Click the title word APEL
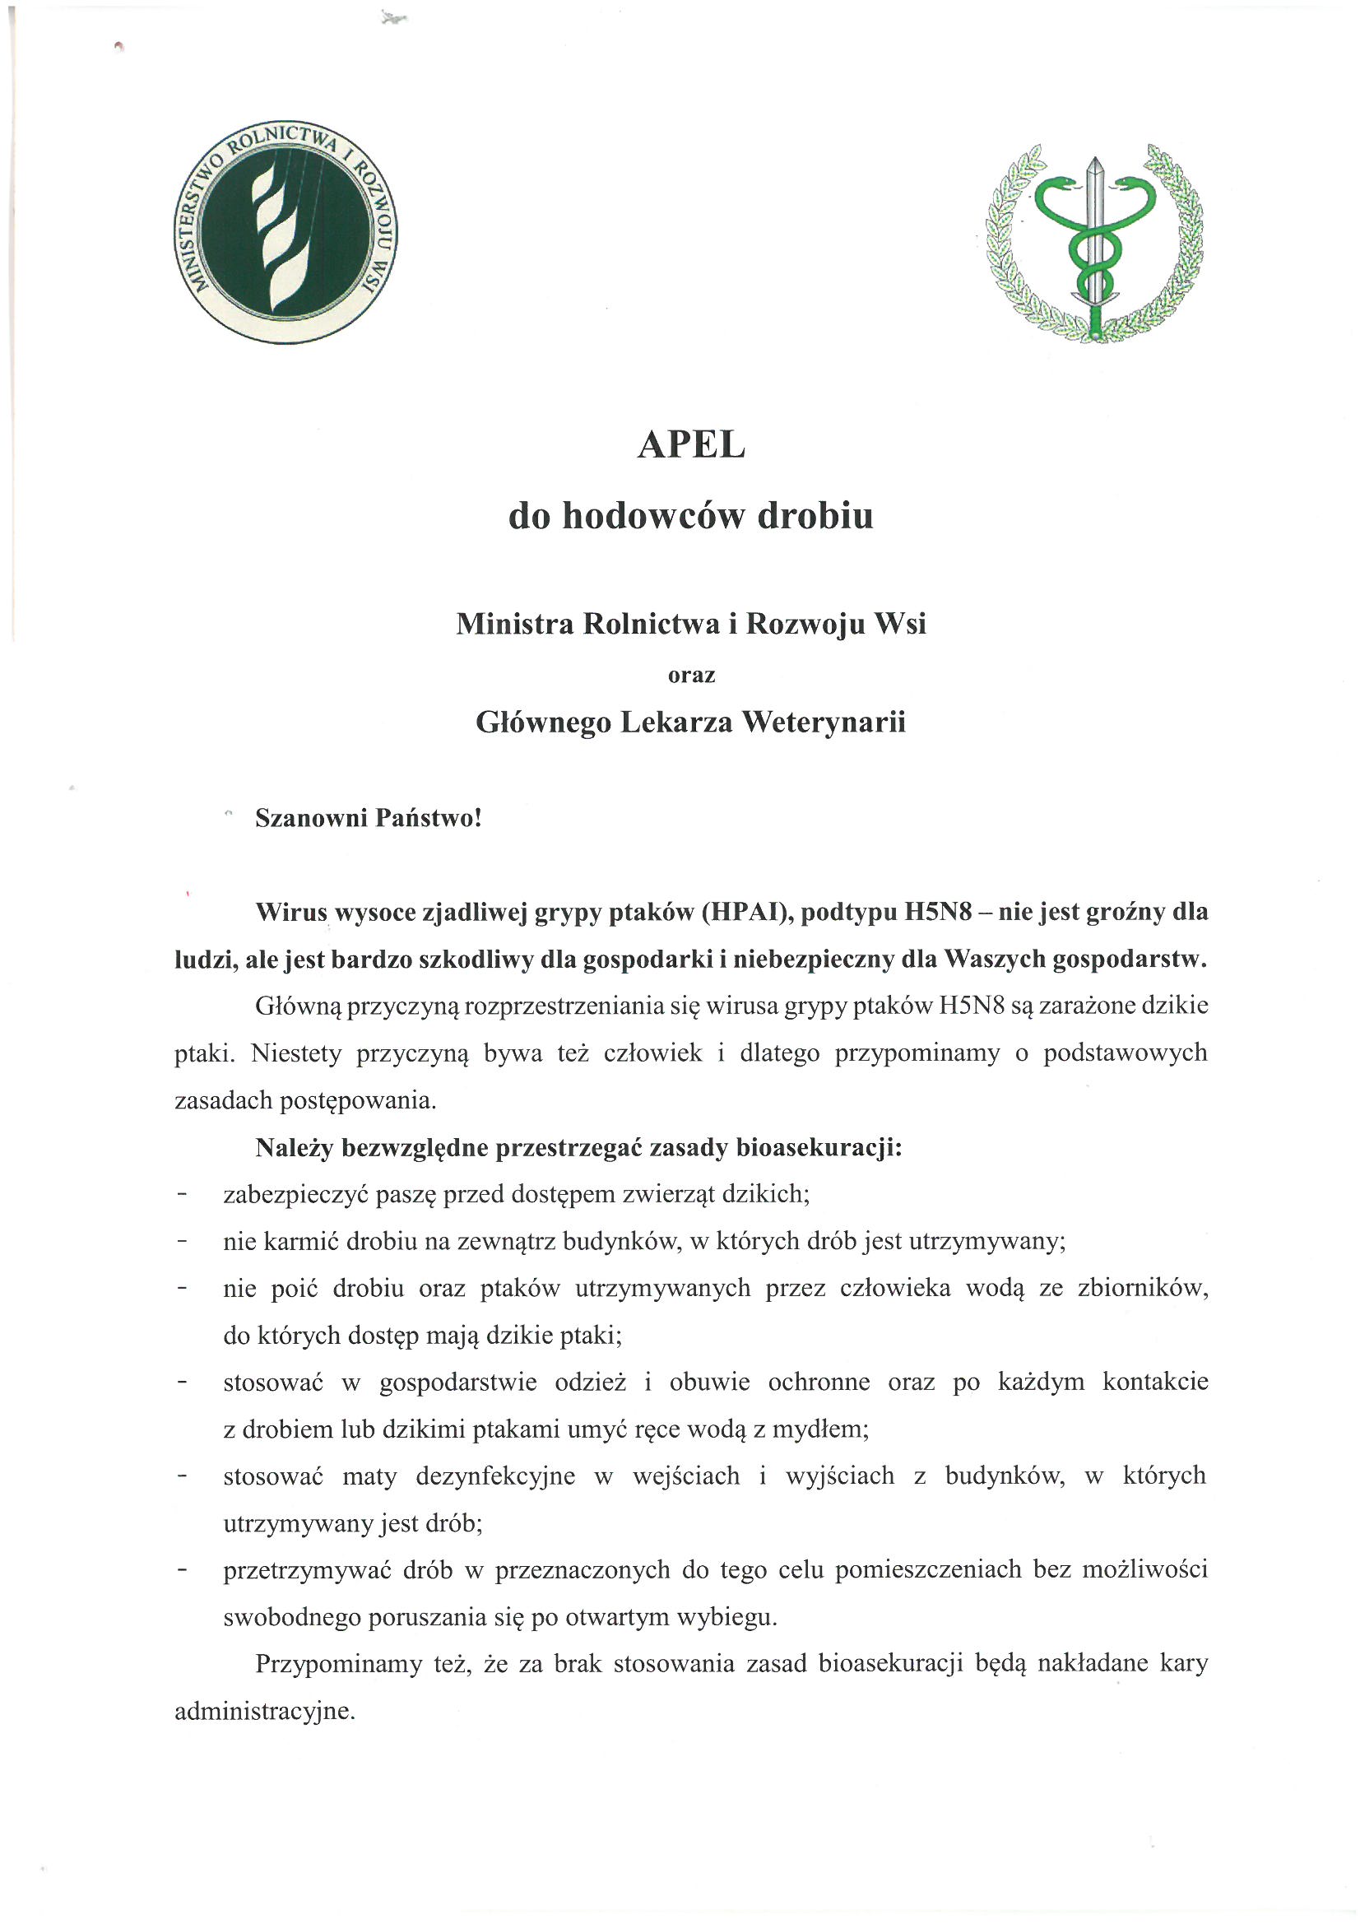point(690,445)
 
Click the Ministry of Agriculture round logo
point(285,231)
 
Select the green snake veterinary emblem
point(1094,243)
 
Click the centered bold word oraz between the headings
point(690,675)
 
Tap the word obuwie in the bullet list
point(709,1382)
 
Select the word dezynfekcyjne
point(495,1476)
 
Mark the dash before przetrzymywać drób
point(182,1569)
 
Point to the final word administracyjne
point(265,1711)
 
